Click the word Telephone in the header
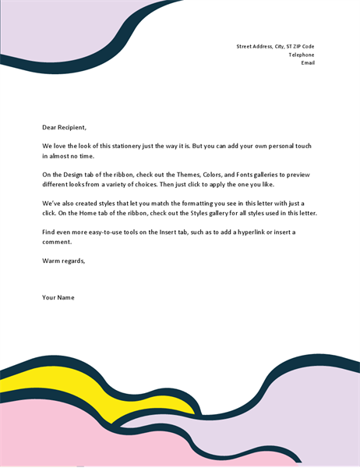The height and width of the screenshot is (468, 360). (x=301, y=55)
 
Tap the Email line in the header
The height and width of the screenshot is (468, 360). (x=308, y=63)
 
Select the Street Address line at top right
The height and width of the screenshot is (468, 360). (x=275, y=46)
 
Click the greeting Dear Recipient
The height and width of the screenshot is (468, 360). (x=64, y=127)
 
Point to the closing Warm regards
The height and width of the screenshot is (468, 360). (x=63, y=261)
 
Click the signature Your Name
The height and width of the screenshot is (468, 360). (x=58, y=297)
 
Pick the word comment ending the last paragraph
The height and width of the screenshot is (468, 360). (x=57, y=242)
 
